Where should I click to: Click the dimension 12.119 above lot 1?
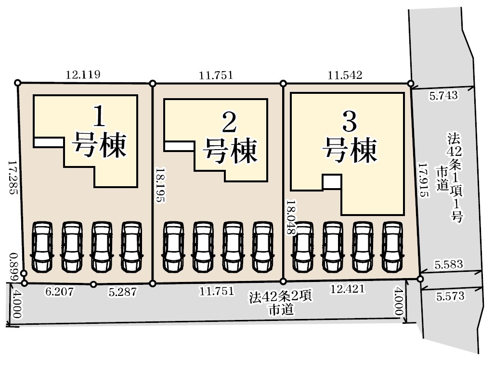pyautogui.click(x=83, y=75)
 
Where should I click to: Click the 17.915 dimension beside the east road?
pyautogui.click(x=423, y=180)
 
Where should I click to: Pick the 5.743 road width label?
pyautogui.click(x=443, y=96)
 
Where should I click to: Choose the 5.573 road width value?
pyautogui.click(x=450, y=296)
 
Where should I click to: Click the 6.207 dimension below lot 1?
pyautogui.click(x=59, y=291)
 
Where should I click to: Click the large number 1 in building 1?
pyautogui.click(x=100, y=116)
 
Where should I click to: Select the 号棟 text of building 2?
pyautogui.click(x=230, y=152)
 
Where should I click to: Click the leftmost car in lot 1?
pyautogui.click(x=41, y=247)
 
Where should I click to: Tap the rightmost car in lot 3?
pyautogui.click(x=392, y=247)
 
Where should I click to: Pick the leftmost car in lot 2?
pyautogui.click(x=173, y=247)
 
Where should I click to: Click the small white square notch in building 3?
pyautogui.click(x=332, y=181)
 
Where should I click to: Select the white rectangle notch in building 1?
pyautogui.click(x=49, y=142)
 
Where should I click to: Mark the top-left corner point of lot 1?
pyautogui.click(x=18, y=83)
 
